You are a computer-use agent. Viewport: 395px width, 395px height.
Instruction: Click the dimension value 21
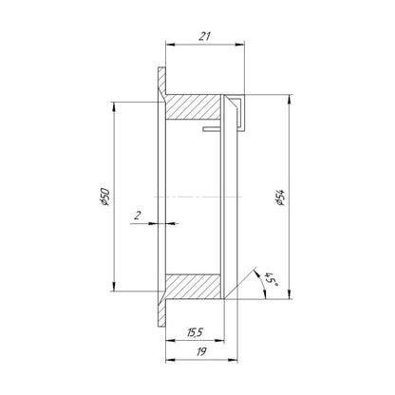pos(204,36)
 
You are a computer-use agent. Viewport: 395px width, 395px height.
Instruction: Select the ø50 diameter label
pos(104,197)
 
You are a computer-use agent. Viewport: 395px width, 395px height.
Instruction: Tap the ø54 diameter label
pos(280,197)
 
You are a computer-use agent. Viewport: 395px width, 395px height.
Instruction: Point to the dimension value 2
pos(138,216)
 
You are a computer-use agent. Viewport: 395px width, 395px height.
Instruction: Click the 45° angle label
pos(272,278)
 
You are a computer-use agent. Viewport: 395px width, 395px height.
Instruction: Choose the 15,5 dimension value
pos(195,332)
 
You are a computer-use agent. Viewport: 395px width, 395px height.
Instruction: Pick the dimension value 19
pos(201,351)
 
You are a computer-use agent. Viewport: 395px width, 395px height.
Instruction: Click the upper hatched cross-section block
pos(193,107)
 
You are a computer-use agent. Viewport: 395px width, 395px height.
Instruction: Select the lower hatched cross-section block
pos(193,287)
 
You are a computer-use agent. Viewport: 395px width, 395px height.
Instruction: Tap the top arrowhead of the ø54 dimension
pos(289,99)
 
